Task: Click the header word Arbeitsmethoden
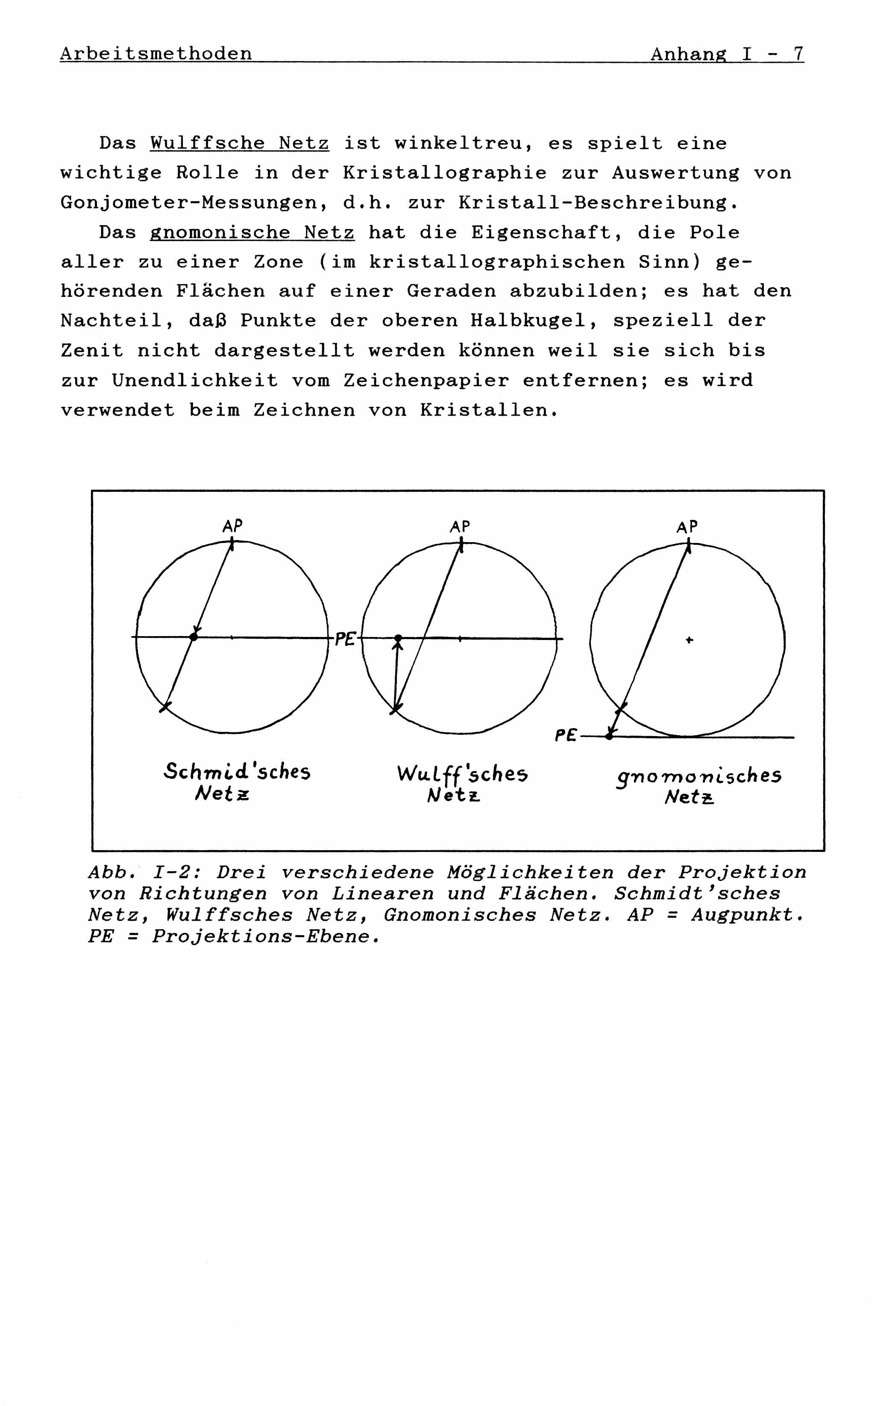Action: [156, 54]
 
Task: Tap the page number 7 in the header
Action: [798, 54]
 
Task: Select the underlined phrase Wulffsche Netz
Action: [239, 144]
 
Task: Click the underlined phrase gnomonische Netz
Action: [252, 233]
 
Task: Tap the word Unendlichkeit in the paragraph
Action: [195, 381]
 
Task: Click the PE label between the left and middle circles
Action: [344, 640]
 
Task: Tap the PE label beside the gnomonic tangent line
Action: [565, 736]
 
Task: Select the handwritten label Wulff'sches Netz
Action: [462, 784]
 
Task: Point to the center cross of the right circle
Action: [690, 640]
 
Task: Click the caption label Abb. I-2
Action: [144, 872]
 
